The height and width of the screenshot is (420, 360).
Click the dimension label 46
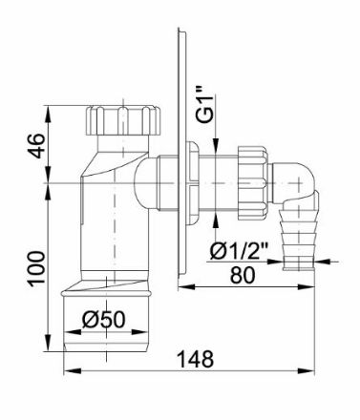(x=35, y=146)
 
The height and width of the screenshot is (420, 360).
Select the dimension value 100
(x=35, y=269)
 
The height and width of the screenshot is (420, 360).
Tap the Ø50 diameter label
(x=103, y=319)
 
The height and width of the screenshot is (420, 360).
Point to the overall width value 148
(x=195, y=359)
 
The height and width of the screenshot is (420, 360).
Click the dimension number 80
(x=243, y=275)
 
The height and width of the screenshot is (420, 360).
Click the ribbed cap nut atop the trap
(x=122, y=120)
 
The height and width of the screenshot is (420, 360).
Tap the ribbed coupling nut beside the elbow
(x=253, y=183)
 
